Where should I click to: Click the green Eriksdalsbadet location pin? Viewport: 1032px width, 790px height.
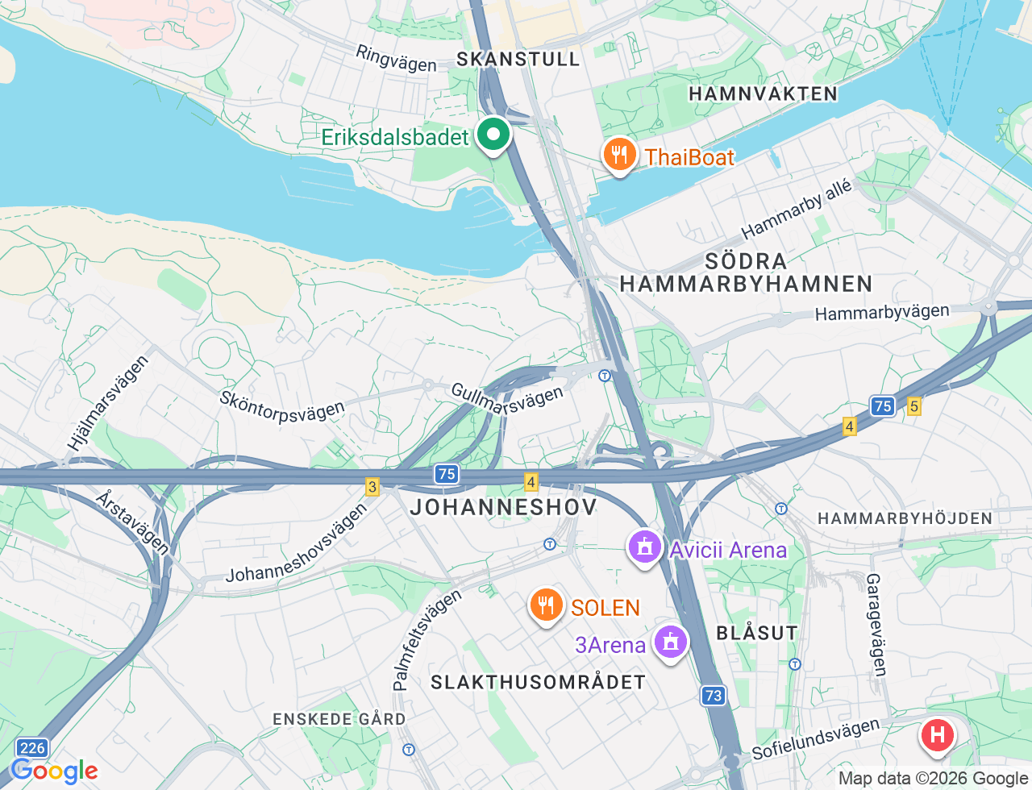tap(493, 135)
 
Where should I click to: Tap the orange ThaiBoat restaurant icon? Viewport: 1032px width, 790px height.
tap(619, 154)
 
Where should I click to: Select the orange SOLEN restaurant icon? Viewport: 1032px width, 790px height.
tap(546, 605)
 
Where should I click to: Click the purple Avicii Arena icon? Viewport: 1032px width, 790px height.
tap(644, 547)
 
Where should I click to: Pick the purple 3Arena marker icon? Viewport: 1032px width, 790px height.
tap(670, 642)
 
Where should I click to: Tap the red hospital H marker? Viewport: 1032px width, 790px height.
tap(937, 734)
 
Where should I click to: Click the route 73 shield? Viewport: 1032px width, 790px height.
tap(713, 695)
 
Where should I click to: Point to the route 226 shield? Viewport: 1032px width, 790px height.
tap(32, 748)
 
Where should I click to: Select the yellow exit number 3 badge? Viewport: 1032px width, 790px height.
tap(372, 486)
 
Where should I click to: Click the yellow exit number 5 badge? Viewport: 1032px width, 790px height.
tap(913, 406)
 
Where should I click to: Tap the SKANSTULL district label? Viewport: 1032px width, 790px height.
tap(518, 59)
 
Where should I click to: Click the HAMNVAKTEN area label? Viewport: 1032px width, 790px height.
tap(763, 94)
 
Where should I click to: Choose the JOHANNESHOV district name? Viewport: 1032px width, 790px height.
tap(504, 506)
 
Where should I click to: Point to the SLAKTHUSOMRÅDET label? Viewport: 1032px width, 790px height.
tap(538, 682)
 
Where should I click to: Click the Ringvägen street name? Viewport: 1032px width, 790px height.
tap(396, 59)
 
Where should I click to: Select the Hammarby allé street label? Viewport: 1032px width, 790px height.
tap(797, 210)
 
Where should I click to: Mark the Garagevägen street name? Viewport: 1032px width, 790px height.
tap(876, 625)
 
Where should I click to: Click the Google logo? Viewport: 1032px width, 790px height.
tap(54, 771)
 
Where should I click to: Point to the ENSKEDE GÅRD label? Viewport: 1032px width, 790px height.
tap(339, 719)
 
